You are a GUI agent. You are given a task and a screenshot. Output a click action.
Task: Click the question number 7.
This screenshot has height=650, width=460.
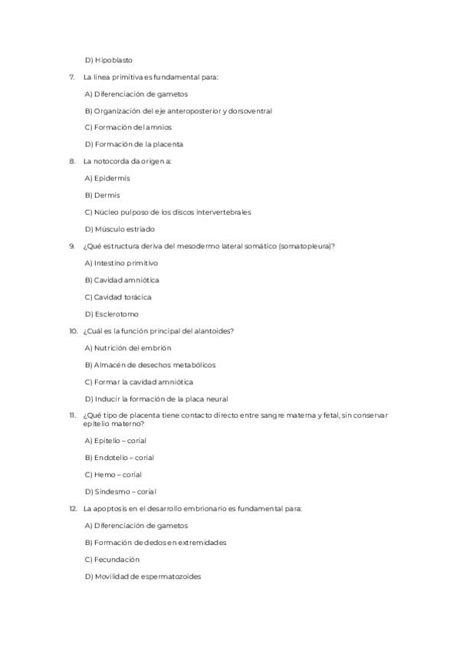tap(71, 77)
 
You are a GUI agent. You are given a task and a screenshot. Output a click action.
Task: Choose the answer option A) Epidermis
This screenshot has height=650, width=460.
tap(107, 178)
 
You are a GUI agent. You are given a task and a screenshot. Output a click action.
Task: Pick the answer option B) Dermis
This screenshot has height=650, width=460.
tap(102, 195)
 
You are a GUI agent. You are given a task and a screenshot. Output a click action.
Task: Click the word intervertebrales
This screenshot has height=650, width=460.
tap(224, 212)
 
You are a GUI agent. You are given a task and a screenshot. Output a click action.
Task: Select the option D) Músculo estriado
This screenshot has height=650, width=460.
tap(120, 229)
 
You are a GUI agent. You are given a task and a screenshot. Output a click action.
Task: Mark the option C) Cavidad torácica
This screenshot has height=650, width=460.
tap(118, 297)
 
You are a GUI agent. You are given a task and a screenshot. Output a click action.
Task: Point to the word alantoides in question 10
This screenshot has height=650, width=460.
tap(212, 331)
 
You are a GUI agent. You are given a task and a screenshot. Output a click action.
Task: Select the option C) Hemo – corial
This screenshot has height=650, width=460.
tap(113, 474)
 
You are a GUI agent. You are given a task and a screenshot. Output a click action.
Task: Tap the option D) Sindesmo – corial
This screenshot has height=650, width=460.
tap(120, 491)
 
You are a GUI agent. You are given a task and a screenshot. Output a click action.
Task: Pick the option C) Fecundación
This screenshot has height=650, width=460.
tap(112, 560)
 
